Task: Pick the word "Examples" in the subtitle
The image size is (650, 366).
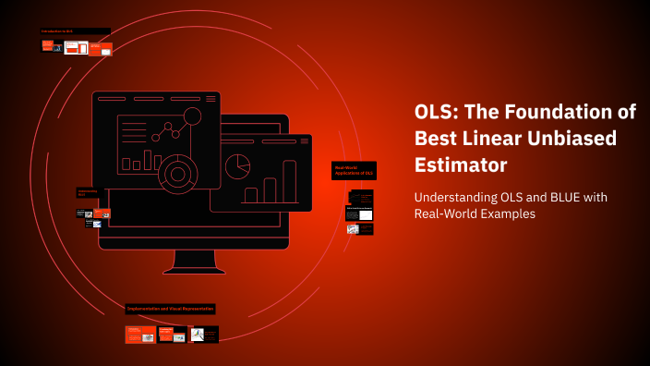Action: [506, 214]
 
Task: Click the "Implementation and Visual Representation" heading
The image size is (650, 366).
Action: [170, 309]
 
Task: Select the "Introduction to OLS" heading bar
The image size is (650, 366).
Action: [75, 31]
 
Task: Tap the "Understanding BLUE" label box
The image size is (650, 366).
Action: [88, 192]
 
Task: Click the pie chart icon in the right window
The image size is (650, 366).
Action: [239, 166]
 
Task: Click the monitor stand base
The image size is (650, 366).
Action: [193, 270]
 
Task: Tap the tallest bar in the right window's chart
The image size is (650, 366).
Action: [289, 181]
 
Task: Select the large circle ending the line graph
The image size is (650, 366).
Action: [192, 117]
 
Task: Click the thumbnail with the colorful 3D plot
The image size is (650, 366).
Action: [198, 335]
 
